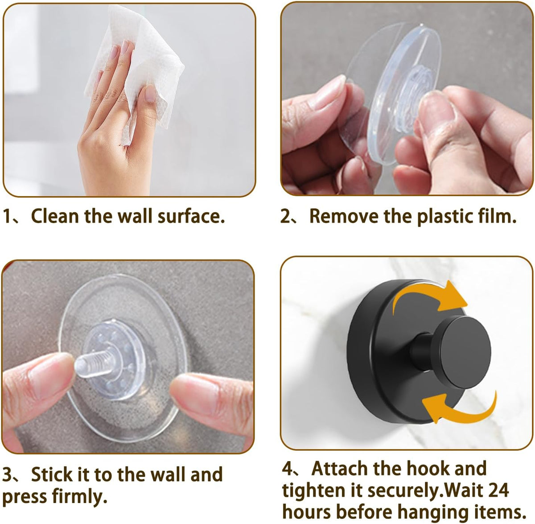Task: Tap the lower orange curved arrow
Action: click(459, 408)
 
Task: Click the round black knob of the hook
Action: click(461, 348)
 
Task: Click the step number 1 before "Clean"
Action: click(8, 216)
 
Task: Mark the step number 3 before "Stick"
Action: click(8, 474)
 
